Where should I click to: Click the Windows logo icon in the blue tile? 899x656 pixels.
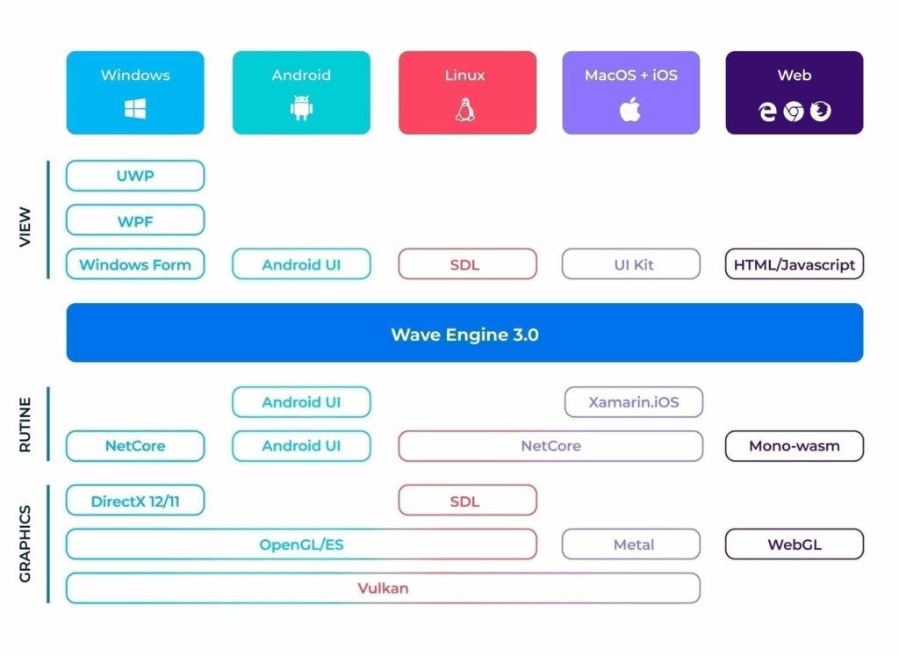[x=135, y=110]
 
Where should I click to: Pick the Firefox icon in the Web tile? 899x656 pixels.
[x=821, y=111]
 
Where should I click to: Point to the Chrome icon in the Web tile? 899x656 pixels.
[x=794, y=112]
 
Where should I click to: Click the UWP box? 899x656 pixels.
[x=135, y=176]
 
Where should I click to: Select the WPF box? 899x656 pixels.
[x=135, y=221]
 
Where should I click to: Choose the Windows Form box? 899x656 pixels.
[x=135, y=264]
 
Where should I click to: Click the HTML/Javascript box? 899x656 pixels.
[x=795, y=264]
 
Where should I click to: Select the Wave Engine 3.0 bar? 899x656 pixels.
[x=464, y=334]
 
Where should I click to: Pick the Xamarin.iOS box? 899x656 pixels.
[x=633, y=402]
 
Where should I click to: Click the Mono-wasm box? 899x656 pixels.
[x=795, y=446]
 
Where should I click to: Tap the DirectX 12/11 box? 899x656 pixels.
[x=135, y=501]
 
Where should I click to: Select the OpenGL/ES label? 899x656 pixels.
[x=301, y=544]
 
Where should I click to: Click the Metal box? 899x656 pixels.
[x=632, y=544]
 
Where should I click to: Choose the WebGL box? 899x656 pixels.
[x=795, y=544]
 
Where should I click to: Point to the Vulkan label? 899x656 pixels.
[x=383, y=588]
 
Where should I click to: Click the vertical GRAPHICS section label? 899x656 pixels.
[x=25, y=544]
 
